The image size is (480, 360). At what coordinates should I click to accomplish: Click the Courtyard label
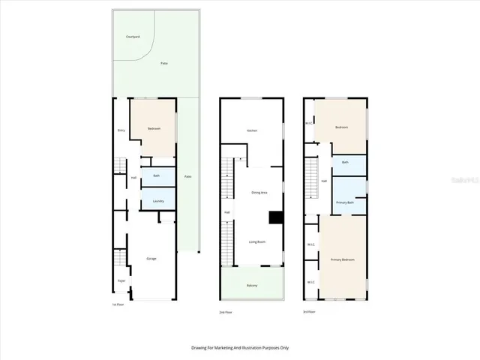point(132,36)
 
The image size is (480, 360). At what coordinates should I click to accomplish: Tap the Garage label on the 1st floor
point(151,259)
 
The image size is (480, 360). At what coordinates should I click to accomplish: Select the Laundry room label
point(157,201)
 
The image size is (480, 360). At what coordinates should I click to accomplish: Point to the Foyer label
point(121,280)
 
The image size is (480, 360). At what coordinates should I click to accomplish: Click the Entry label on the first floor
point(121,130)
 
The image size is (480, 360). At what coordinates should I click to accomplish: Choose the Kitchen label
point(252,130)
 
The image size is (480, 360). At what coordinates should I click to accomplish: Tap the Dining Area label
point(259,193)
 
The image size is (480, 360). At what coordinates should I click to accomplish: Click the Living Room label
point(258,241)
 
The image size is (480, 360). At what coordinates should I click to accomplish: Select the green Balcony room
point(253,285)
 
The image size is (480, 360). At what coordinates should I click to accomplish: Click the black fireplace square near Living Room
point(276,217)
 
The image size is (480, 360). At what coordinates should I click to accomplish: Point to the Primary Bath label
point(345,202)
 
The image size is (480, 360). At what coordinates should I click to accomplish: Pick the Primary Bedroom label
point(343,259)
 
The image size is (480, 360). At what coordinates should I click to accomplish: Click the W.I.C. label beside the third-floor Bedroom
point(309,124)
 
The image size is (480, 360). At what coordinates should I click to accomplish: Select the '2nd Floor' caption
point(224,311)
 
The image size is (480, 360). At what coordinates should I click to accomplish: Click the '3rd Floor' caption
point(310,311)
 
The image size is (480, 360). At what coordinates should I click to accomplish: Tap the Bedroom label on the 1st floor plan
point(154,128)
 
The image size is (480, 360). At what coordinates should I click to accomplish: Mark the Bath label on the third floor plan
point(345,162)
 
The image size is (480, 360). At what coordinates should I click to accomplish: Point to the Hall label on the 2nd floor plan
point(226,212)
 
